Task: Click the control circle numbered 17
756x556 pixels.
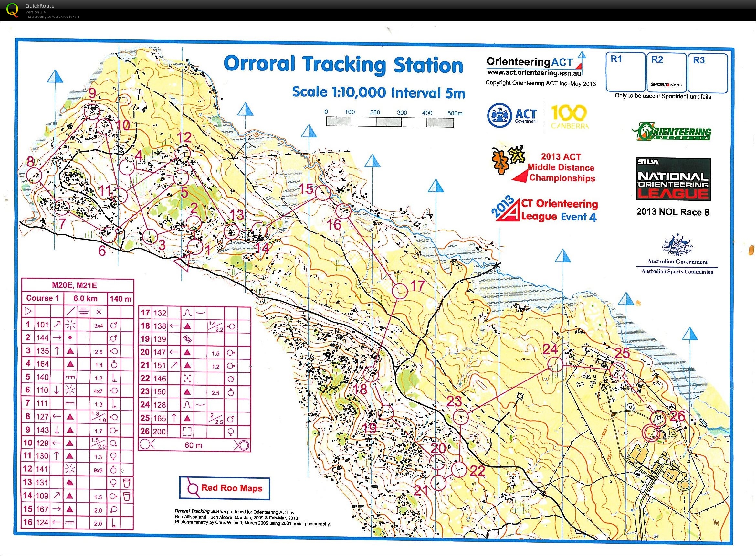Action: (x=400, y=291)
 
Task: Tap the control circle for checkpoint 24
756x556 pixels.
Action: (x=555, y=365)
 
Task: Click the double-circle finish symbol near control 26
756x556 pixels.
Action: (x=650, y=433)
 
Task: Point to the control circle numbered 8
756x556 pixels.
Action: (x=34, y=175)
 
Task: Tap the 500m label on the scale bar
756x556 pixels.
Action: (x=455, y=113)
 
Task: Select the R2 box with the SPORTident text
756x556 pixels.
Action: (x=666, y=72)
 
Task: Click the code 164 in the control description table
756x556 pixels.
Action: (x=43, y=364)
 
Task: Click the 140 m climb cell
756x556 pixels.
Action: (x=121, y=299)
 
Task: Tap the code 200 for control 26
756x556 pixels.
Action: (x=160, y=432)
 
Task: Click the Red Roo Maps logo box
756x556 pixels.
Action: (x=224, y=488)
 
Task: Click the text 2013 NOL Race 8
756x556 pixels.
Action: (x=673, y=212)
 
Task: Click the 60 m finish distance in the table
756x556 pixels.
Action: (x=194, y=445)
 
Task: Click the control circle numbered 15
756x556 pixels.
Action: (x=322, y=193)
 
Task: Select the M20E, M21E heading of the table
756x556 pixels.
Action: (x=74, y=285)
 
